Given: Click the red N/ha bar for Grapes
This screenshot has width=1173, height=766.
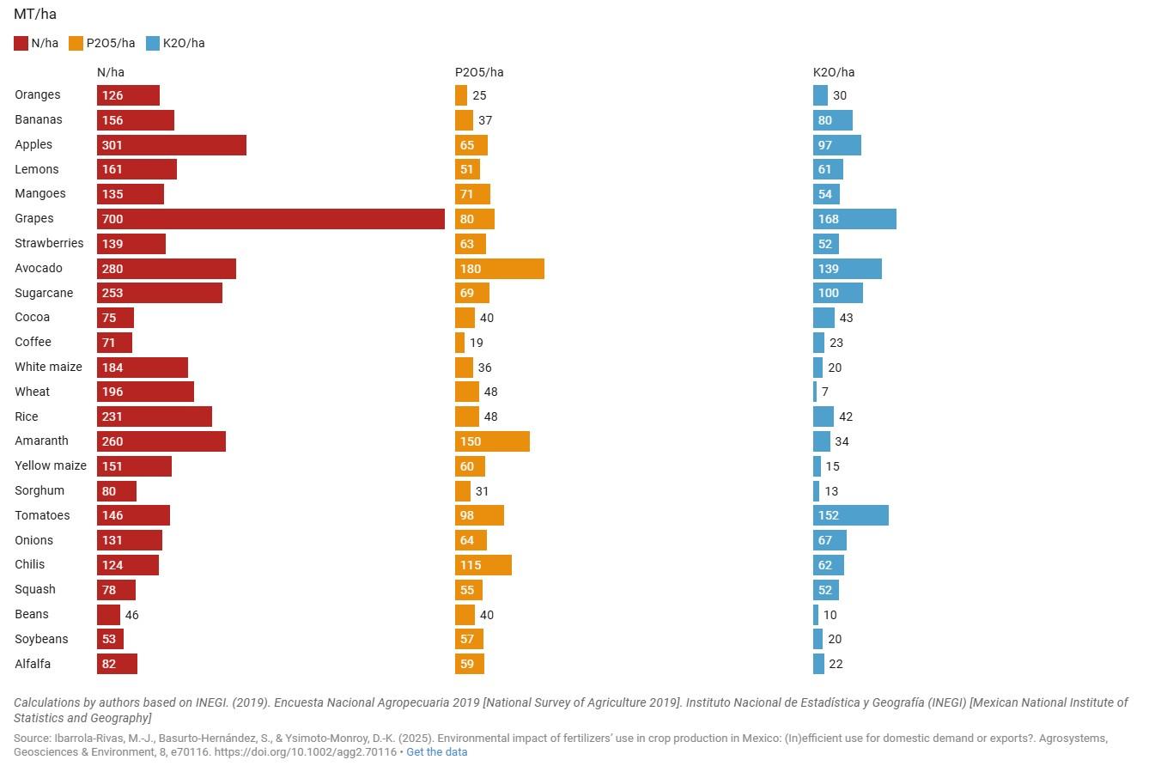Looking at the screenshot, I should pos(270,219).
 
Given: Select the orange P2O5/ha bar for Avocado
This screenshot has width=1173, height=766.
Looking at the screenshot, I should pos(499,269).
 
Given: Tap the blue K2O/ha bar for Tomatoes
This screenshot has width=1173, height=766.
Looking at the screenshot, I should pos(850,515).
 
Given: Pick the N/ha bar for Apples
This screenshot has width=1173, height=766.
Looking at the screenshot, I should pos(171,145).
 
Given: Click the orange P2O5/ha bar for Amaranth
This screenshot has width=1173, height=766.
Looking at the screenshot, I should pos(492,441).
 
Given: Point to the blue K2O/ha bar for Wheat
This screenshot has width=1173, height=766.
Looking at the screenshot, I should pos(815,392).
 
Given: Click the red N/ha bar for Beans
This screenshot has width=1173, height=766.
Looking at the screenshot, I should pos(108,615).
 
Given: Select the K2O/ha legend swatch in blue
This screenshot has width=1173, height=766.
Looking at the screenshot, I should pos(153,43).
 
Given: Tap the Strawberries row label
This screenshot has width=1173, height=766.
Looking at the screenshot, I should pos(49,243).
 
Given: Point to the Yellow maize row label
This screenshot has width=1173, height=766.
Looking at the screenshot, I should pos(51,465).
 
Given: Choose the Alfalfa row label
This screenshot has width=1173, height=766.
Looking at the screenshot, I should pos(33,664).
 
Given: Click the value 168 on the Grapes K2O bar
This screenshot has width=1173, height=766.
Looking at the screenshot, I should pos(829,219).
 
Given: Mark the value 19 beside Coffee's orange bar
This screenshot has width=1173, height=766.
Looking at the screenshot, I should pos(477,343).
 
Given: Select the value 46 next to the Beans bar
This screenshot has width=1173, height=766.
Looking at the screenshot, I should pos(132,615).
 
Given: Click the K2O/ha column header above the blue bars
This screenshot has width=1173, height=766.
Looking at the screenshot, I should pos(834,72).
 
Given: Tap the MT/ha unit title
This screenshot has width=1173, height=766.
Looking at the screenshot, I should pos(35,14).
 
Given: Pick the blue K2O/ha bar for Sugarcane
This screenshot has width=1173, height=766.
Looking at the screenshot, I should pos(837,294).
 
